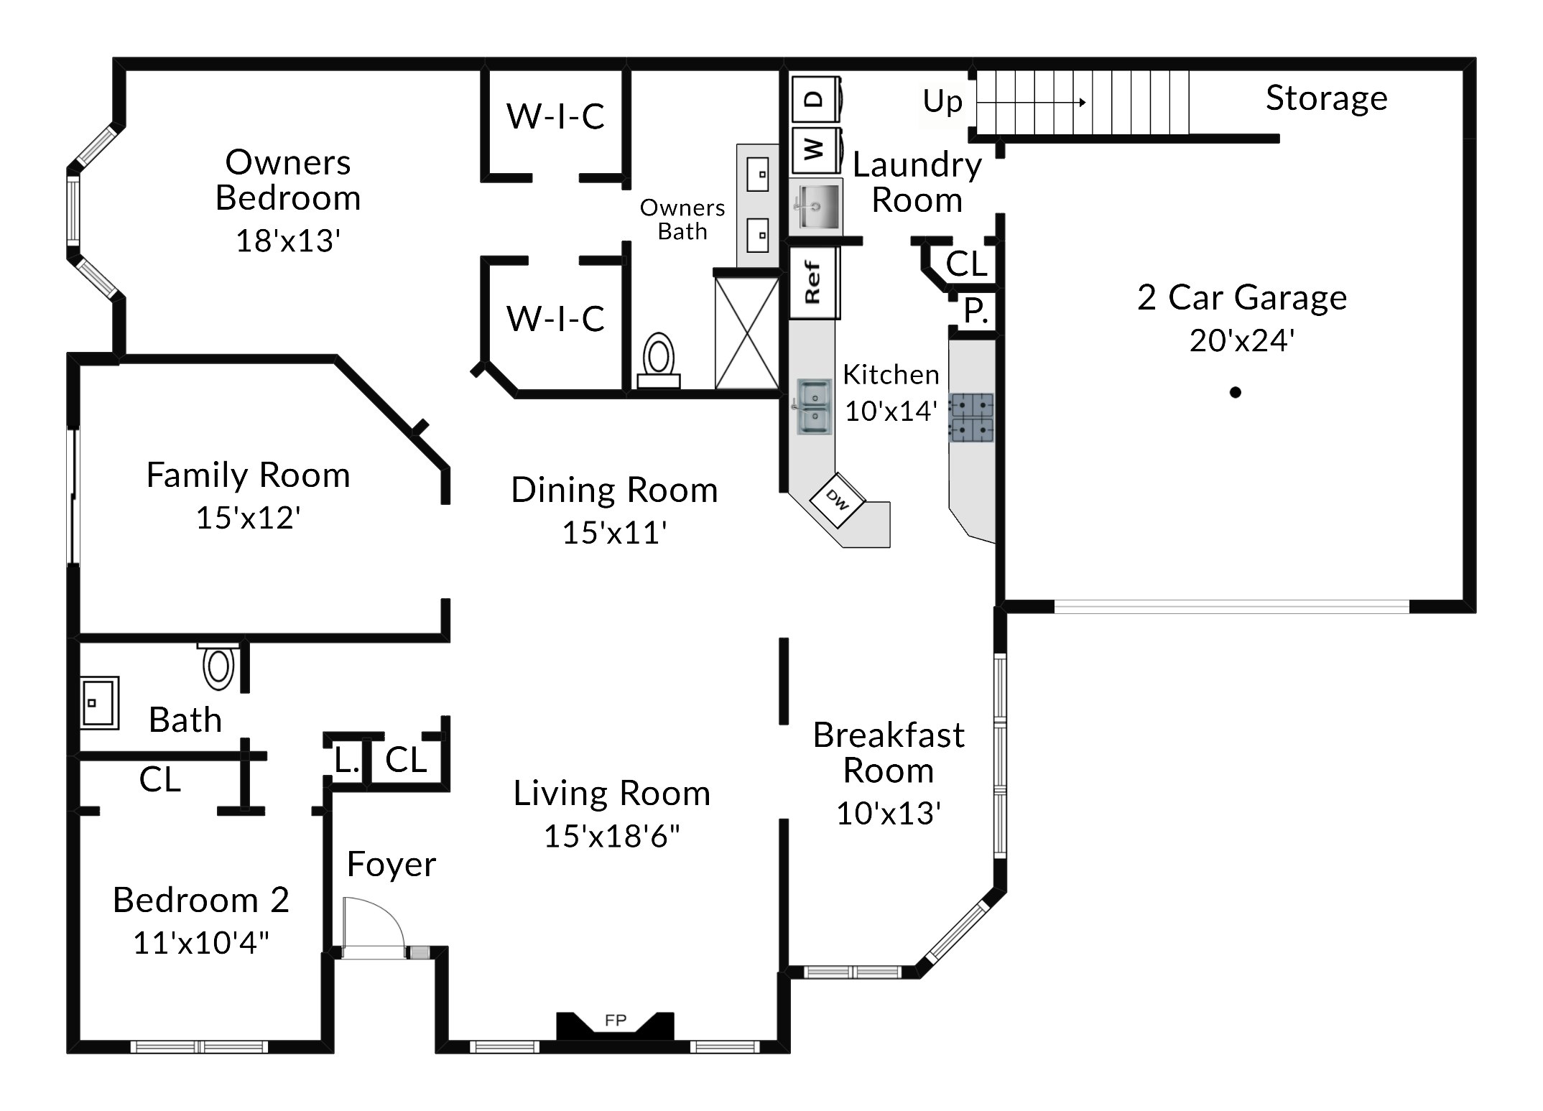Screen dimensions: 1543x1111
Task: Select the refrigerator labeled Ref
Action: point(814,282)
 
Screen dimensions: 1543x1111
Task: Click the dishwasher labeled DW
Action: point(838,500)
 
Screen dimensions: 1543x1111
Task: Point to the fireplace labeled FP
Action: point(616,1025)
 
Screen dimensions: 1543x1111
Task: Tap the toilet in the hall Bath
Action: point(219,666)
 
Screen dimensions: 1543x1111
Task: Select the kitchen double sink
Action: point(814,406)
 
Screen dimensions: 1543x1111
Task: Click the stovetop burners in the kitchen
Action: point(972,417)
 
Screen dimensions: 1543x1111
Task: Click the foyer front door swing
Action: point(374,927)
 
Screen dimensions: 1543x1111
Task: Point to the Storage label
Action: point(1326,98)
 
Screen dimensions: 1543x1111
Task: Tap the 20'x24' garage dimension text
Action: point(1242,340)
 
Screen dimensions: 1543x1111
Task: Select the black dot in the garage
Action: point(1236,392)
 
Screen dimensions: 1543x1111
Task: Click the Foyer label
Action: point(391,864)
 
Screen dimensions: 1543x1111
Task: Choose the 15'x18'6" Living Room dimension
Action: point(612,836)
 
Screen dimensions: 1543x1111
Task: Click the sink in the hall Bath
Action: point(99,702)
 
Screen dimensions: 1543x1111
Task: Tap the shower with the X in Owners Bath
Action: point(747,333)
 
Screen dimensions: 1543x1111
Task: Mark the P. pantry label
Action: point(976,311)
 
